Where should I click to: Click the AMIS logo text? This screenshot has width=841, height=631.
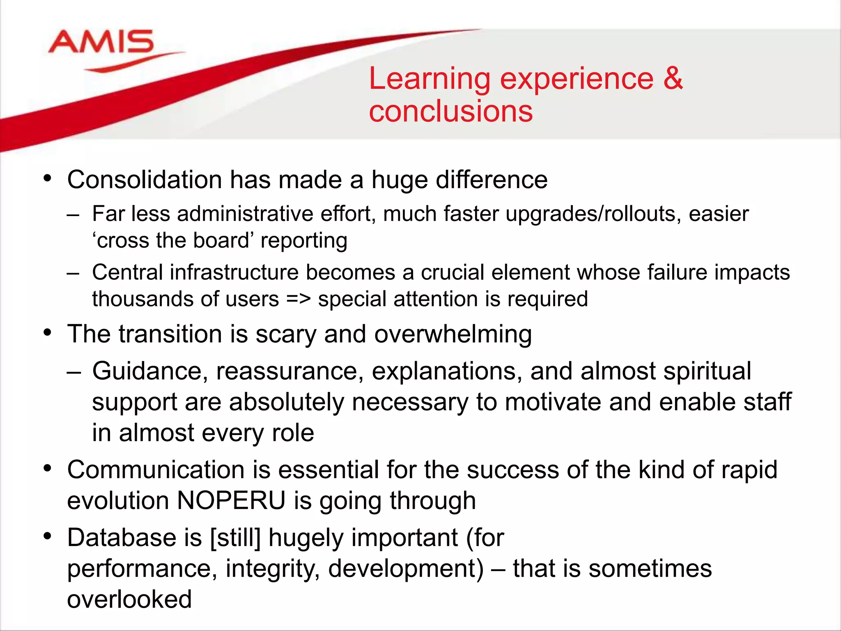[x=101, y=42]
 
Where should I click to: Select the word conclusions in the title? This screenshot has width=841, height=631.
[x=450, y=112]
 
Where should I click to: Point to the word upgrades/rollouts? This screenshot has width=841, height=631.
[x=591, y=214]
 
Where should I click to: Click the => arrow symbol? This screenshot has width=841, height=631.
[x=298, y=299]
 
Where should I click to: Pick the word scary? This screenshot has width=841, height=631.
[x=286, y=334]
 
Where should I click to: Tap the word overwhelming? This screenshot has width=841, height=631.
[x=453, y=334]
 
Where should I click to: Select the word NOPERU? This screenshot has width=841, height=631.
[x=231, y=501]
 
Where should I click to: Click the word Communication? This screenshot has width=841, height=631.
[x=156, y=470]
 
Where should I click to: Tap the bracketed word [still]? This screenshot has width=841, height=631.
[x=235, y=538]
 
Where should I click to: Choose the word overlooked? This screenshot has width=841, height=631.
[x=129, y=599]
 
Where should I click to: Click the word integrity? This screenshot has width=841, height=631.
[x=273, y=569]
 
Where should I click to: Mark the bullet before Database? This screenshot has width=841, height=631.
[x=48, y=536]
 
